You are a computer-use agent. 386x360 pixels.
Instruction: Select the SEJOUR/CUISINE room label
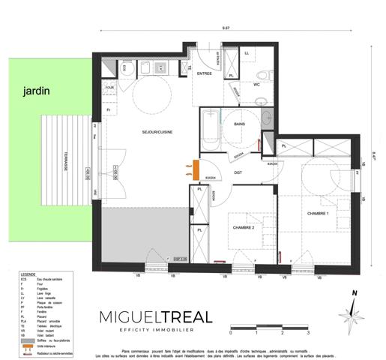[157, 133]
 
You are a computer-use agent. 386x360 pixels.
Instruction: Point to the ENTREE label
[204, 74]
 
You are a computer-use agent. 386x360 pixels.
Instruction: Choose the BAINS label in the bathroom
[240, 124]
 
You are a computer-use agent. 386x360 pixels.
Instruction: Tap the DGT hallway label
[238, 173]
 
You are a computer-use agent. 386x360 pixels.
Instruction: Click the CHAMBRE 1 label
[318, 214]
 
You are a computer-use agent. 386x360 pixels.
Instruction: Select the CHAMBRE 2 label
[244, 226]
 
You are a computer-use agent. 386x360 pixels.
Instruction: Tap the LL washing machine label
[247, 53]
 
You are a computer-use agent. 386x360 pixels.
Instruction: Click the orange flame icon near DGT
[184, 166]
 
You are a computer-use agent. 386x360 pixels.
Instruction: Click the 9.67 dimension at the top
[225, 28]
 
